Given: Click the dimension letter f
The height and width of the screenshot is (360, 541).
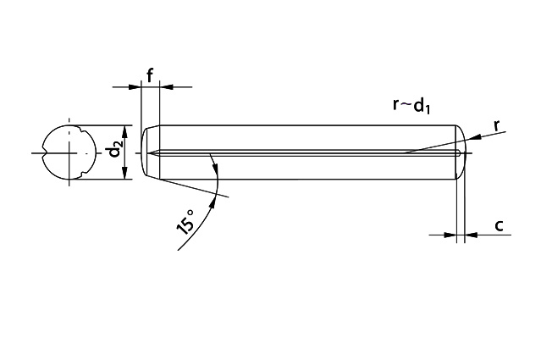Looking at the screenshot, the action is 150,75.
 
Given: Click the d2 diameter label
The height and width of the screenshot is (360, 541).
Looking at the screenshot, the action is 115,152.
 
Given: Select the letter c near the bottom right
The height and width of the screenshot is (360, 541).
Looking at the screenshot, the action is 499,225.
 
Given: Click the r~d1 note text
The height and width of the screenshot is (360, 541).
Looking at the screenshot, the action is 411,105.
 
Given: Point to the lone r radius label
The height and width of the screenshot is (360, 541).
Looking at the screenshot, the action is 497,125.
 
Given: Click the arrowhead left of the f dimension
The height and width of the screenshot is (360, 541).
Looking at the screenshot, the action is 135,87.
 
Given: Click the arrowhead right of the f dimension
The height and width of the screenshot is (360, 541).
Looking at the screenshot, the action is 166,87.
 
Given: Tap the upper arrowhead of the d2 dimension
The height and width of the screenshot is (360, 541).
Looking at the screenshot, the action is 125,132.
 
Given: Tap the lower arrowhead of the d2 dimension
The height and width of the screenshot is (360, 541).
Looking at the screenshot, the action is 125,173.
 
